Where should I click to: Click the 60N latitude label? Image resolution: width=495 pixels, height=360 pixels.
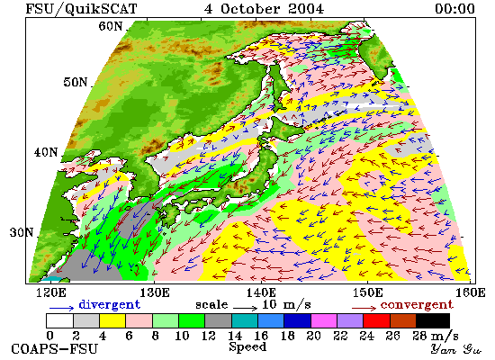click(111, 26)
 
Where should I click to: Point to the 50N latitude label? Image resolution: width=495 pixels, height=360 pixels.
click(76, 82)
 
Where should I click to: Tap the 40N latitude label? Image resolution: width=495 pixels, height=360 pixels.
click(46, 152)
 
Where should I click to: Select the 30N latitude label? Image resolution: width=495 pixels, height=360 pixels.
click(22, 233)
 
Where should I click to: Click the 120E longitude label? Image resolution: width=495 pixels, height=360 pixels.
click(51, 292)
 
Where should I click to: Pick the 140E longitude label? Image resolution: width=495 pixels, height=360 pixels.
click(261, 292)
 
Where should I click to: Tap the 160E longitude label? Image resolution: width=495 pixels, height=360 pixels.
click(471, 292)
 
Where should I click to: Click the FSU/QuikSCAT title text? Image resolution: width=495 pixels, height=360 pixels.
click(81, 9)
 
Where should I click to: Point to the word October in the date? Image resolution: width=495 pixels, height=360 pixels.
click(250, 9)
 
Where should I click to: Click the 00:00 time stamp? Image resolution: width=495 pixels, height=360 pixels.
click(454, 9)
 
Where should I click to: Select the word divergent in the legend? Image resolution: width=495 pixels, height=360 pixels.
click(109, 304)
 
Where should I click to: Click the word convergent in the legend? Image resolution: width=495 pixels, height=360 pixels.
click(417, 305)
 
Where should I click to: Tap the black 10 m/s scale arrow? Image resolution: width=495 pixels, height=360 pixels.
click(246, 307)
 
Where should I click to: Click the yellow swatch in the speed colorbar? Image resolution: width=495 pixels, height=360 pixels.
click(112, 320)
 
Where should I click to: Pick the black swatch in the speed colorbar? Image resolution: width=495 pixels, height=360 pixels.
click(433, 320)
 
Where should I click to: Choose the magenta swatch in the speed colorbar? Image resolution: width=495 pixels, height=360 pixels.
click(324, 320)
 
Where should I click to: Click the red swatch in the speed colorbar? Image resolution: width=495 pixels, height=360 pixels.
click(376, 320)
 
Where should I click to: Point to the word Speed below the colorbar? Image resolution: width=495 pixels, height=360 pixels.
click(247, 346)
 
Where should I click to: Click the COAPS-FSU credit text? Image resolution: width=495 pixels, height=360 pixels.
click(55, 349)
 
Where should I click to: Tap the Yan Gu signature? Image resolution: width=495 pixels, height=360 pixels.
click(455, 349)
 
